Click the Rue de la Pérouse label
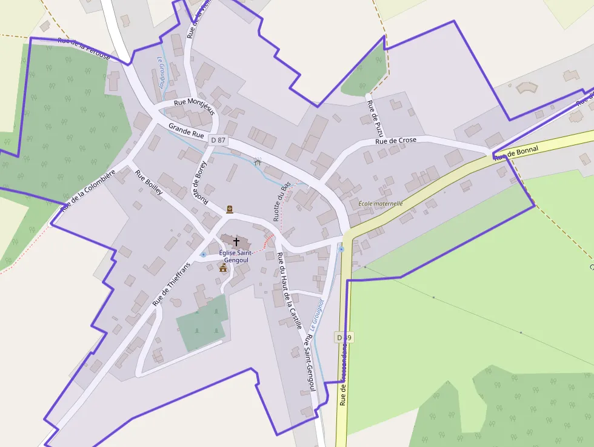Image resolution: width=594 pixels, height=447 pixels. (84, 49)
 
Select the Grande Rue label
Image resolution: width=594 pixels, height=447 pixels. (186, 130)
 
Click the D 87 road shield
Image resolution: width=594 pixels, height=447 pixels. (218, 140)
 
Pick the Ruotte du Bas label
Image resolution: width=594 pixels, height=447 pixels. (282, 201)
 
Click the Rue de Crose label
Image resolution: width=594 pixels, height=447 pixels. (396, 141)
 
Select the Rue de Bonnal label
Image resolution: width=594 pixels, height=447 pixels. (516, 153)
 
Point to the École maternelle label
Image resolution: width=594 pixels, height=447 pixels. (381, 204)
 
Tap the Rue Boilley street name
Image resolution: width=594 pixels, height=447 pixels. (149, 183)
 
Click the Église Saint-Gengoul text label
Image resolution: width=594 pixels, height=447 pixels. (236, 256)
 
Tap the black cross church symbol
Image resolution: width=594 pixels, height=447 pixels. (236, 241)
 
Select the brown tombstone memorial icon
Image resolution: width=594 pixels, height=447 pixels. (230, 210)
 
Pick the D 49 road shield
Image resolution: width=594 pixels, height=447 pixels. (343, 337)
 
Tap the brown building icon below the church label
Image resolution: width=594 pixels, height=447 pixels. (223, 267)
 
